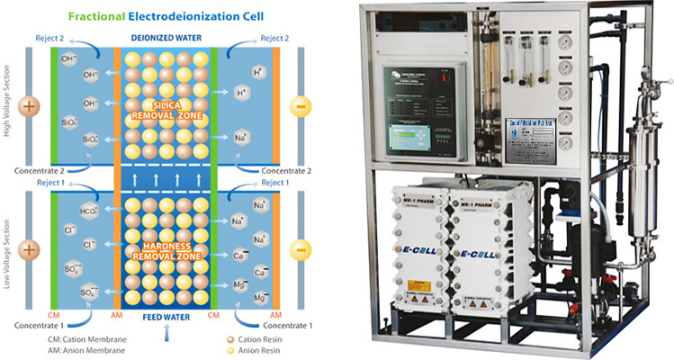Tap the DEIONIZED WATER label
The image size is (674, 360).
tap(167, 39)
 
